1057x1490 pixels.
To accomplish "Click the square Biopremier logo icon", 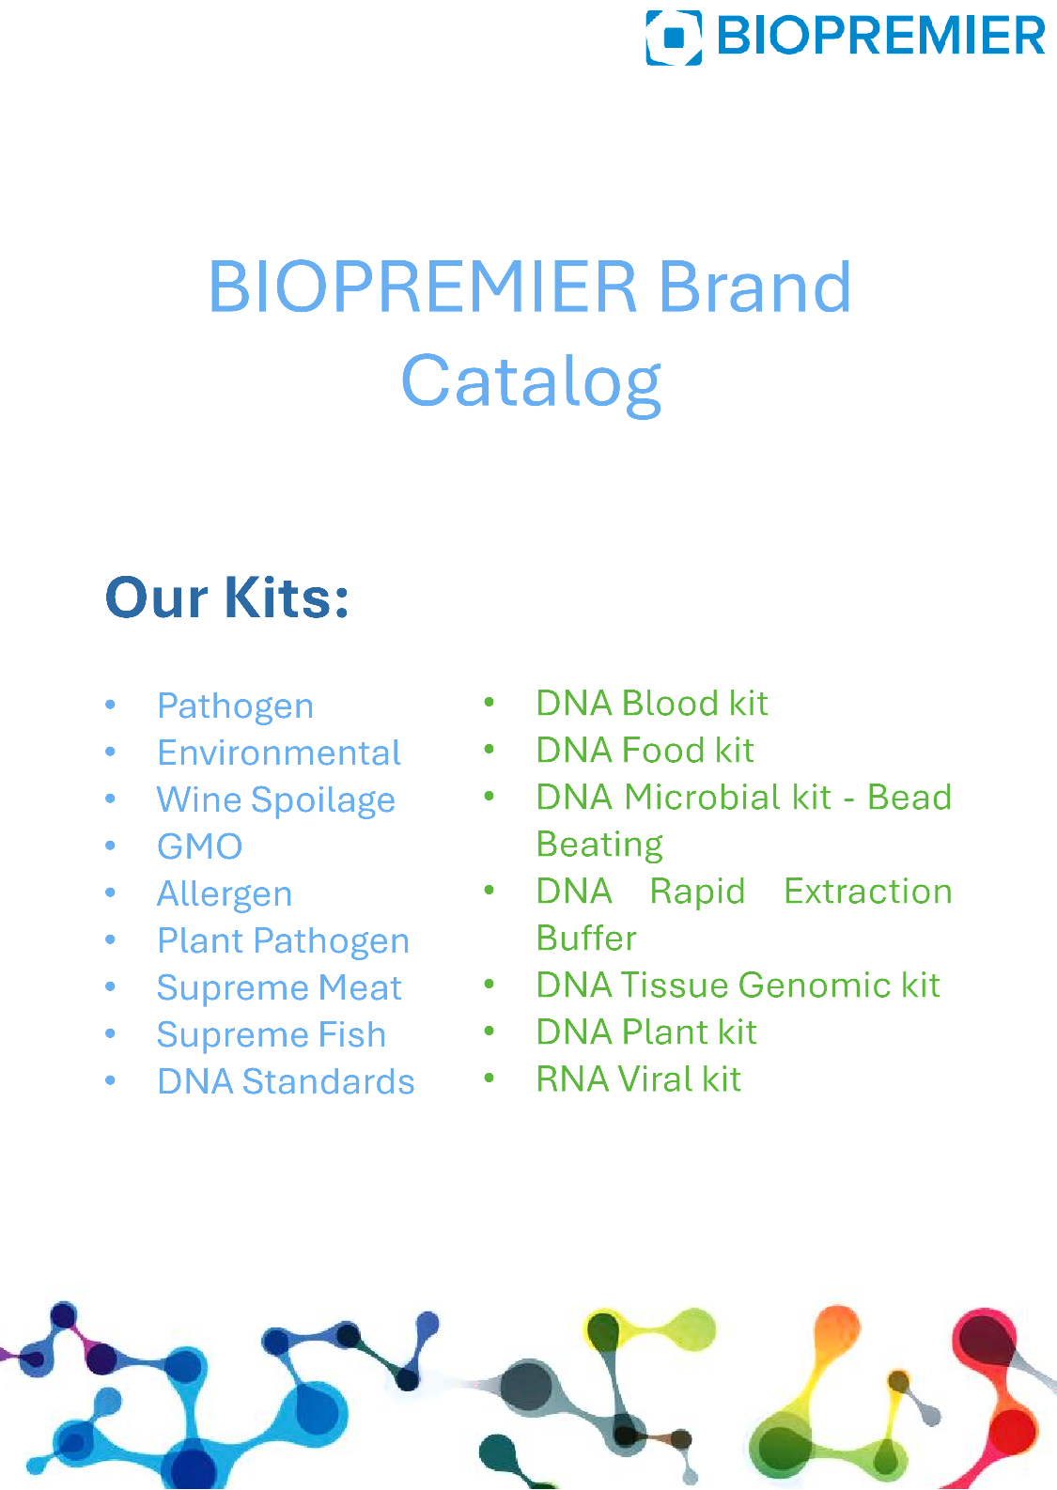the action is click(x=673, y=38).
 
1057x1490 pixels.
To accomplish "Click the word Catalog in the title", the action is click(x=531, y=381).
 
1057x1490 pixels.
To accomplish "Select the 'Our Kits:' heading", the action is click(x=226, y=598).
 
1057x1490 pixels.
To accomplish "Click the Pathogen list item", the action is click(x=235, y=706).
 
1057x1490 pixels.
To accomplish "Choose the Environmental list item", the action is click(x=279, y=753).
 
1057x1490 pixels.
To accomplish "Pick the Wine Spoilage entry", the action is click(x=275, y=800).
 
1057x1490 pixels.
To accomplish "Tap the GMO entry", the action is click(x=199, y=846).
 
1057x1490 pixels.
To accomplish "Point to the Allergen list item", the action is click(x=225, y=894).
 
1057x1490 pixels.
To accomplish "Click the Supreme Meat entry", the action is click(x=279, y=987).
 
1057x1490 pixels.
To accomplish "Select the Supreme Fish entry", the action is click(x=271, y=1035).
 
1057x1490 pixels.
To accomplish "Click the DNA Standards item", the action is click(x=286, y=1081).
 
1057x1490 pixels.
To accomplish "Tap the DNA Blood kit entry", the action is click(x=652, y=703).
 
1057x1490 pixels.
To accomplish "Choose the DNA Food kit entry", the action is click(x=645, y=751).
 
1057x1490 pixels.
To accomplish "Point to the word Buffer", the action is click(x=586, y=938).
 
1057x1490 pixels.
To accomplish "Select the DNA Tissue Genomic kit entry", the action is click(x=738, y=986).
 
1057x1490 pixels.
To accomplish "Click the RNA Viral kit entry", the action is click(x=638, y=1079).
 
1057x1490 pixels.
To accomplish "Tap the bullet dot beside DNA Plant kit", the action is click(x=490, y=1032).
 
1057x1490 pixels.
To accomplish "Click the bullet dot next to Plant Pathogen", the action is click(x=111, y=939).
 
